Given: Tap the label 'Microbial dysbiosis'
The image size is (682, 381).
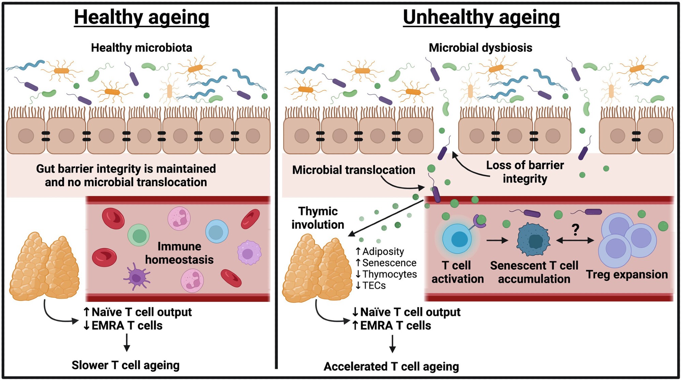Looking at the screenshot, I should coord(480,48).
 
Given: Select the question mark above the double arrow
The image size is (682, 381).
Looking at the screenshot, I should coord(575,230).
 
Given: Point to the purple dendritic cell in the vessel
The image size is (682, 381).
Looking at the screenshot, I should coord(136,277).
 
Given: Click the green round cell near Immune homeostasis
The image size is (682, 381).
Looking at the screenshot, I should coord(139,235).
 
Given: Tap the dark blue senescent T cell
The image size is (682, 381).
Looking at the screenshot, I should coord(533,240).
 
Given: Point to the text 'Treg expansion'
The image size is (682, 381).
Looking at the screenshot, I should coord(627,274).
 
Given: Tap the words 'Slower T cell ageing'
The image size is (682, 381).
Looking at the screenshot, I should coord(125,365).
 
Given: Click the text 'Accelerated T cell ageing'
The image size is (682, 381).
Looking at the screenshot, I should coord(391,366).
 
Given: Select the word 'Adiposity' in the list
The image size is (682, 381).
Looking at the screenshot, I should coord(383,252).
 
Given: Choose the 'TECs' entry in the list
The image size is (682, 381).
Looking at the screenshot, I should coord(374,286).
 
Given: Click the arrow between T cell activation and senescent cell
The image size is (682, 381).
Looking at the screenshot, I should coord(497,241).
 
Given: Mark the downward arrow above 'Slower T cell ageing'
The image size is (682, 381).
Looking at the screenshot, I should coord(127,342).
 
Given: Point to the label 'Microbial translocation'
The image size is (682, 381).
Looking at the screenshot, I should coord(354,170).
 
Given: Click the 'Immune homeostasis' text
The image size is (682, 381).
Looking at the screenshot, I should coord(179,253).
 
